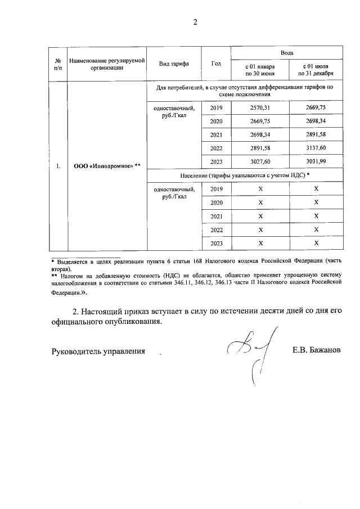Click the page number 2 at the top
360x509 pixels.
point(195,22)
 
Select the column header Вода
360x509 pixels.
point(287,52)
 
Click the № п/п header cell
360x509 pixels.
point(57,64)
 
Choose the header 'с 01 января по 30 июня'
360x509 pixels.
point(259,70)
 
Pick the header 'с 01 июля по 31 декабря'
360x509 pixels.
point(316,70)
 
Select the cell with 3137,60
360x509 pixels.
point(316,148)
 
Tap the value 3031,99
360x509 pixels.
point(316,161)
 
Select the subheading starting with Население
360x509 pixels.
point(245,175)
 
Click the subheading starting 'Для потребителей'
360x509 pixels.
point(245,91)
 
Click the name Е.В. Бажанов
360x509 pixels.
point(317,350)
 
